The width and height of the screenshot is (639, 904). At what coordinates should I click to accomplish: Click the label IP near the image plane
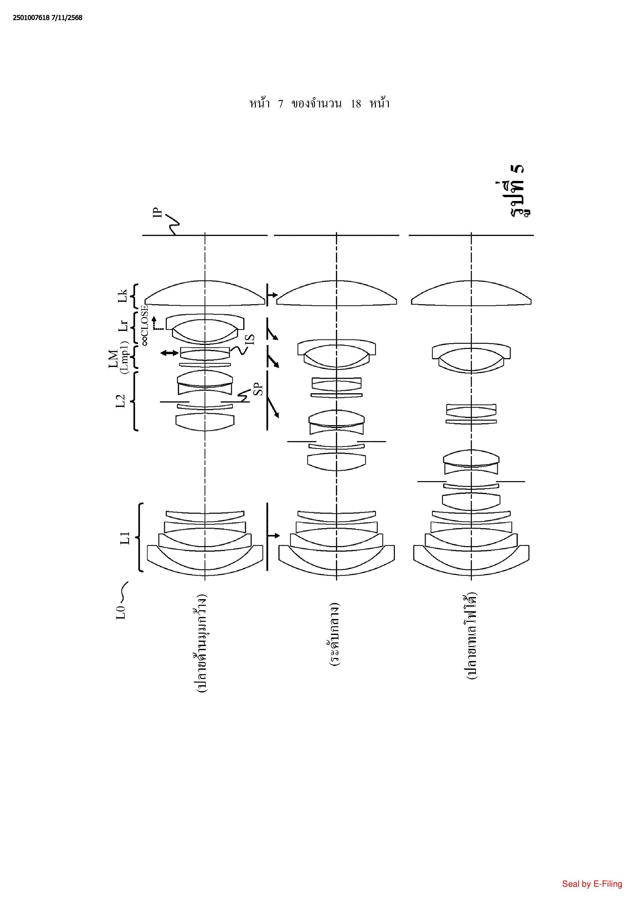pos(157,212)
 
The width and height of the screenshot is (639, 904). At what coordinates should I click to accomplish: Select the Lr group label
pos(123,326)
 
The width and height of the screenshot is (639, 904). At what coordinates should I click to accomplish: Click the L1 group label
pos(125,538)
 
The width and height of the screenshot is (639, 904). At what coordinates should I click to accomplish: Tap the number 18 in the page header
pos(355,104)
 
